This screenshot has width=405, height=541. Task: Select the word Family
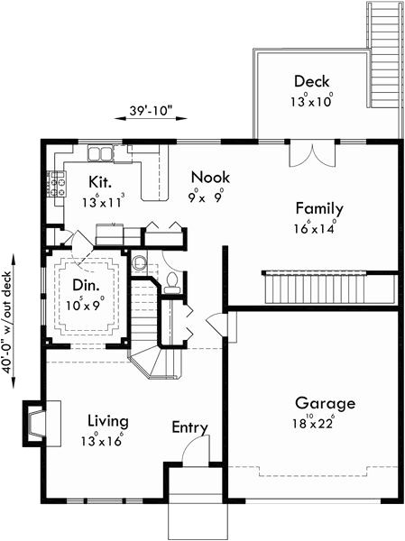319,209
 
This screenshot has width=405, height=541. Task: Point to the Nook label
209,178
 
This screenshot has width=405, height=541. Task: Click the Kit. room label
100,181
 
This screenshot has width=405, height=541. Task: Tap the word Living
107,421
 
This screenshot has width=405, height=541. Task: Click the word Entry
189,427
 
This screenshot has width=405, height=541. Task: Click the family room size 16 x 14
318,229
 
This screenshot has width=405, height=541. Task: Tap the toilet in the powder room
171,281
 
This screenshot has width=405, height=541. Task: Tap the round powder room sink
139,264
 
